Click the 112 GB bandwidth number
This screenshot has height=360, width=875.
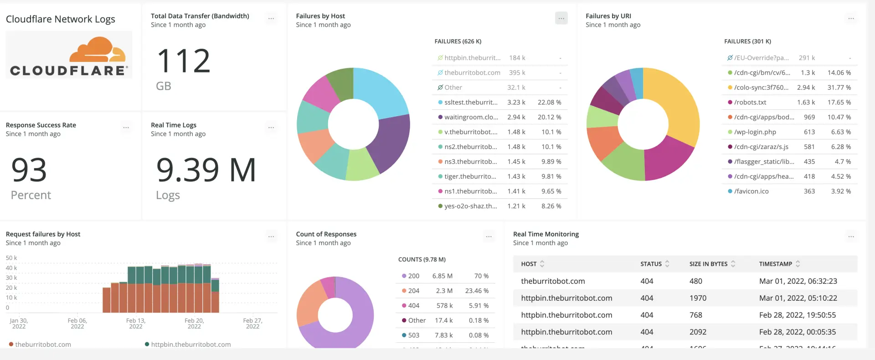[183, 62]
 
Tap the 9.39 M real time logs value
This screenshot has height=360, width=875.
[206, 170]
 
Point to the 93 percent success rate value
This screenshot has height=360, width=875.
[29, 170]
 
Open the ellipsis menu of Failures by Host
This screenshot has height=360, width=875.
[561, 19]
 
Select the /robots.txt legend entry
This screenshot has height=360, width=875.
[750, 103]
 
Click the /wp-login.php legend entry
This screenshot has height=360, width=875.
[755, 132]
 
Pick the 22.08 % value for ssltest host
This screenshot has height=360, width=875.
[549, 103]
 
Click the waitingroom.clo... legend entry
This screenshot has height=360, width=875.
[471, 117]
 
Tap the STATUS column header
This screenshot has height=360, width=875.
[651, 264]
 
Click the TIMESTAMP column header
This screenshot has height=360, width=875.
[775, 264]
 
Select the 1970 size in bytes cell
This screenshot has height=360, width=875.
[698, 298]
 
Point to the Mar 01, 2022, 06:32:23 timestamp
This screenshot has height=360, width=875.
[798, 281]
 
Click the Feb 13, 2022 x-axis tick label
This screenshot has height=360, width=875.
[135, 323]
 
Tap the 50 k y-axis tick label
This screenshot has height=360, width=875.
[11, 258]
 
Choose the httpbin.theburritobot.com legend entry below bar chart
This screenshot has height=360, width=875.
[190, 345]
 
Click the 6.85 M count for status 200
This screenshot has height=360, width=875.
[442, 276]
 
